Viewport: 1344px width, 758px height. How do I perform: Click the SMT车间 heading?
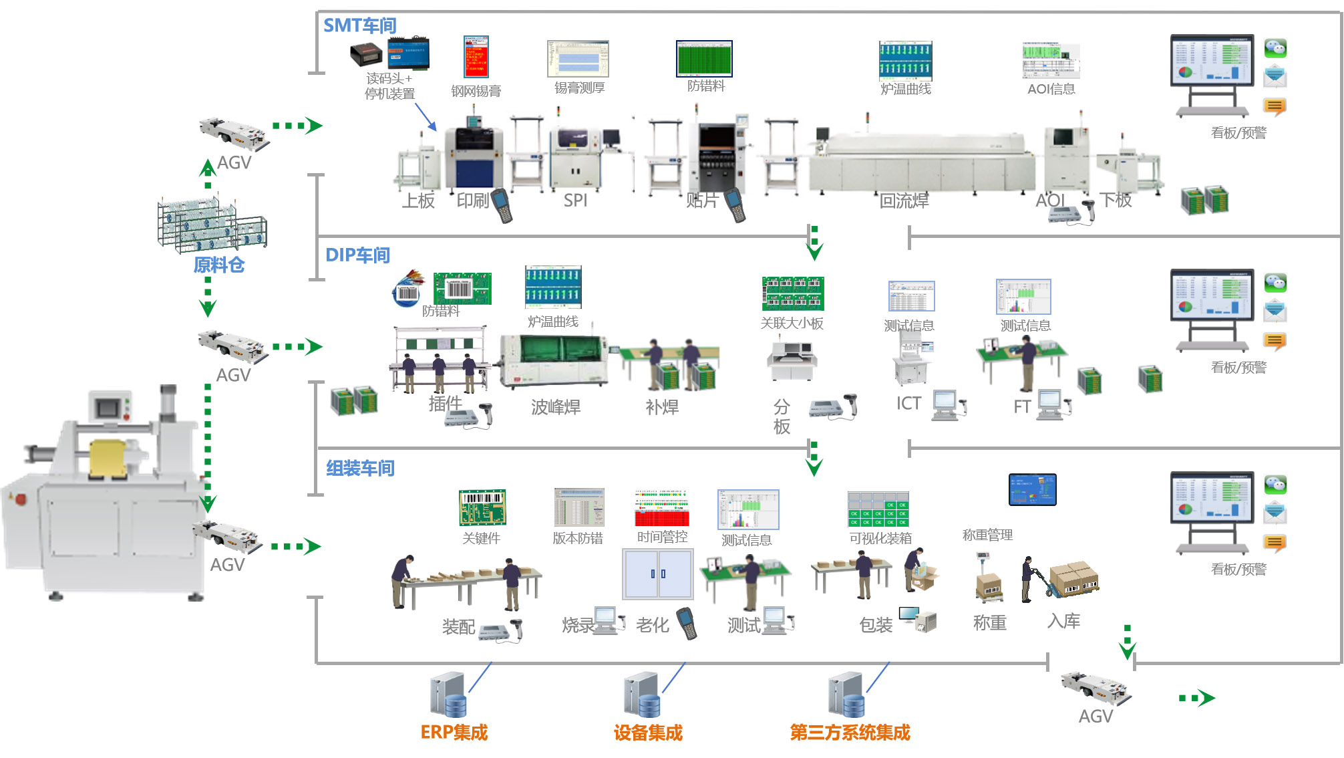pyautogui.click(x=360, y=25)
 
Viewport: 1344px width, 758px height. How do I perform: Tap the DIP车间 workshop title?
pyautogui.click(x=357, y=255)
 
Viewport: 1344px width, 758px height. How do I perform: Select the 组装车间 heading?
pyautogui.click(x=360, y=468)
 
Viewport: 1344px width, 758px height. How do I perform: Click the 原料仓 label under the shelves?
pyautogui.click(x=219, y=265)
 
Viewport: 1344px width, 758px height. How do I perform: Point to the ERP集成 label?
pyautogui.click(x=454, y=733)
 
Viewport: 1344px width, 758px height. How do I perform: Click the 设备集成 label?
pyautogui.click(x=648, y=733)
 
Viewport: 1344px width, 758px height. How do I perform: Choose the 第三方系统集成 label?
pyautogui.click(x=850, y=733)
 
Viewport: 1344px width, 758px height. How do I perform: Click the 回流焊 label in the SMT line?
pyautogui.click(x=904, y=201)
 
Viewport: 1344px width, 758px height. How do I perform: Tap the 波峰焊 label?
pyautogui.click(x=556, y=406)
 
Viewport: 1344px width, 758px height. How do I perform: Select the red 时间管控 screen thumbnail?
pyautogui.click(x=661, y=508)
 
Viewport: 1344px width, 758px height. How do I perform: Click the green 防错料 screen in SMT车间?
pyautogui.click(x=704, y=59)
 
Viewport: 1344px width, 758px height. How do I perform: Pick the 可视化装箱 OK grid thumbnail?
pyautogui.click(x=878, y=509)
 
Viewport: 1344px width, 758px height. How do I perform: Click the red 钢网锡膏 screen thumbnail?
pyautogui.click(x=476, y=57)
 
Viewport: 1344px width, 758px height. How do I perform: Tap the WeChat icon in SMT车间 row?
pyautogui.click(x=1275, y=48)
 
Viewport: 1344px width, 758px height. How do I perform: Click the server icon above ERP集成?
pyautogui.click(x=448, y=695)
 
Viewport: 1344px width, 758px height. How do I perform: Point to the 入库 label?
pyautogui.click(x=1063, y=621)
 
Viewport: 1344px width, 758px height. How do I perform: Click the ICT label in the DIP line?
pyautogui.click(x=908, y=403)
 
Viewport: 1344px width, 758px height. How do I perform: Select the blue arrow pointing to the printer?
pyautogui.click(x=426, y=117)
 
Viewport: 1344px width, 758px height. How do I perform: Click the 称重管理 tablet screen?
pyautogui.click(x=1032, y=489)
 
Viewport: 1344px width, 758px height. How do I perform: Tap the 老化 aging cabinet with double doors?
pyautogui.click(x=658, y=574)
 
